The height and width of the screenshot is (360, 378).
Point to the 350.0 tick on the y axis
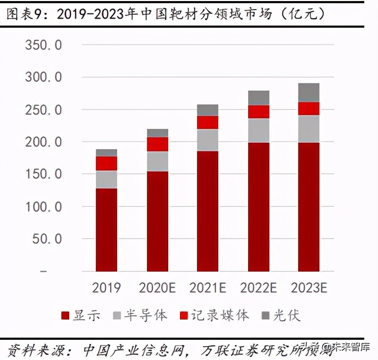(44, 45)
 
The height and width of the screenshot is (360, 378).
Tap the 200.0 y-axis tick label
(44, 142)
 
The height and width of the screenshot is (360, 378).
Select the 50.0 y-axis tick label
(47, 239)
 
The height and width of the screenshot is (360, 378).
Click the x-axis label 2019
(106, 288)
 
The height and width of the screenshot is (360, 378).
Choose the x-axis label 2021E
(208, 288)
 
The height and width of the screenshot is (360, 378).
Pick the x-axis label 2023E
(309, 288)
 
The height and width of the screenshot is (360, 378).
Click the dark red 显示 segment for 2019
(106, 229)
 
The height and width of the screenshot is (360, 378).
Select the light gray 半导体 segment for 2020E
(157, 161)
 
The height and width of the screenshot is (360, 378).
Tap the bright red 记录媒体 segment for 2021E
(208, 122)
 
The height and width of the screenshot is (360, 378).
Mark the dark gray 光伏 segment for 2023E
(309, 93)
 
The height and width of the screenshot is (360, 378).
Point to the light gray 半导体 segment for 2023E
(309, 129)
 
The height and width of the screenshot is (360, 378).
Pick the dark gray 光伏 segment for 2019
(106, 152)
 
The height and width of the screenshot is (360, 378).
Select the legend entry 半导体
(140, 315)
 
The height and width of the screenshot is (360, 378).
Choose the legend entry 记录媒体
(215, 315)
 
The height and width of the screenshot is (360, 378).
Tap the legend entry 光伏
(281, 315)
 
